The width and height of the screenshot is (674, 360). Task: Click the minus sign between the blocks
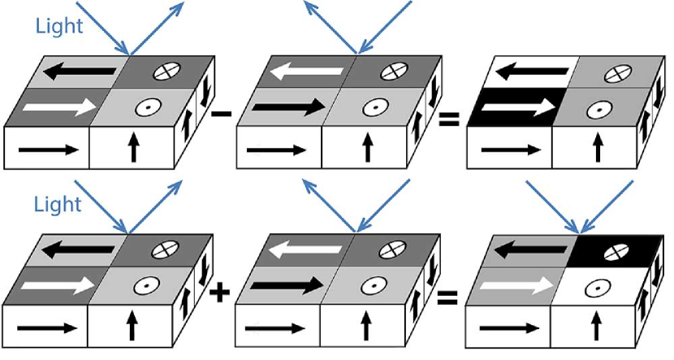pos(218,114)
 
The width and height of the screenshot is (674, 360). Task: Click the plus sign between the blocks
pos(218,292)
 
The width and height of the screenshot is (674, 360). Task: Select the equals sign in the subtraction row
pos(448,120)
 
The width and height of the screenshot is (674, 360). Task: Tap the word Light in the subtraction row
pos(59,26)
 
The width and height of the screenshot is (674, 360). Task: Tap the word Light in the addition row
pos(59,203)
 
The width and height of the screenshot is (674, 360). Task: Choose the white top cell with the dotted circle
pos(598,285)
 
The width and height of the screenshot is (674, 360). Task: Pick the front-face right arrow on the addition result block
pos(509,327)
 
